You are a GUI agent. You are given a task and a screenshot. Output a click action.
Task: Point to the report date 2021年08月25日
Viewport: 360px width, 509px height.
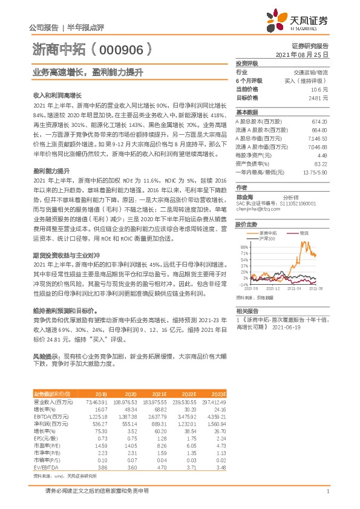point(302,54)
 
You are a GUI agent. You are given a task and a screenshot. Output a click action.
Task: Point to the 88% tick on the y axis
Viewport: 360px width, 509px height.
point(244,247)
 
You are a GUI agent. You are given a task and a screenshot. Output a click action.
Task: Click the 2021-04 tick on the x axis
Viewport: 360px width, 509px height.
point(294,289)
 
